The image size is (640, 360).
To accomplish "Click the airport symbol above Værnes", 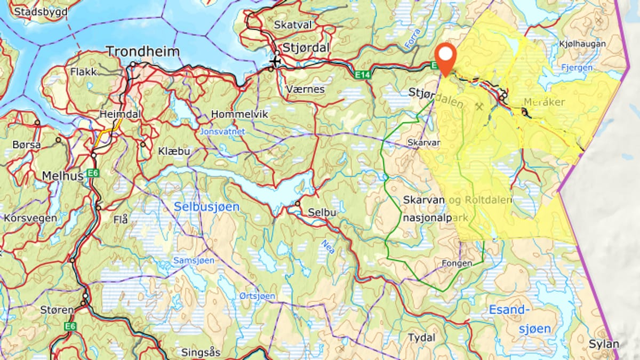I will (275, 62).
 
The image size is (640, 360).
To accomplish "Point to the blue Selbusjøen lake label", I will (206, 206).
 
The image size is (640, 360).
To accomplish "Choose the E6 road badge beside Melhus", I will (94, 172).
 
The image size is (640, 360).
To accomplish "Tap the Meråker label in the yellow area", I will (544, 102).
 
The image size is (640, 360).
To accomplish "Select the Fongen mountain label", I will (457, 263).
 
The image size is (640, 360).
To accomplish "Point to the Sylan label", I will (604, 343).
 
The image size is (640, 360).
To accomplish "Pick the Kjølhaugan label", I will (582, 43).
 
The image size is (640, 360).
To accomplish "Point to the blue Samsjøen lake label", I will (194, 260).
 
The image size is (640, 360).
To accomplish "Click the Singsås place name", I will (200, 352).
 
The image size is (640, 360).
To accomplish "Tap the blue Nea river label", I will (329, 246).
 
